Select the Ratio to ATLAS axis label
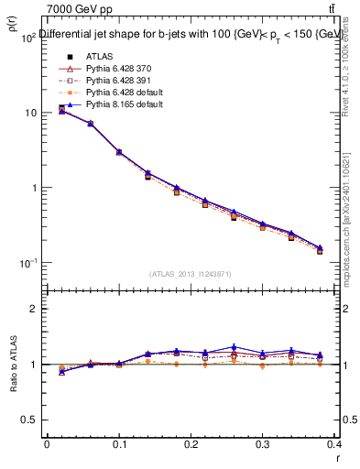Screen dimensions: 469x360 pyautogui.click(x=11, y=365)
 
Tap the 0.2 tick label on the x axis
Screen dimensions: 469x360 pyautogui.click(x=191, y=444)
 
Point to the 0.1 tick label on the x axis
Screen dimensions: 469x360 pyautogui.click(x=118, y=444)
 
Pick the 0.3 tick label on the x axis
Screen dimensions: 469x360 pyautogui.click(x=263, y=444)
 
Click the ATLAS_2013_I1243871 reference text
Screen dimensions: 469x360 pyautogui.click(x=190, y=274)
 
